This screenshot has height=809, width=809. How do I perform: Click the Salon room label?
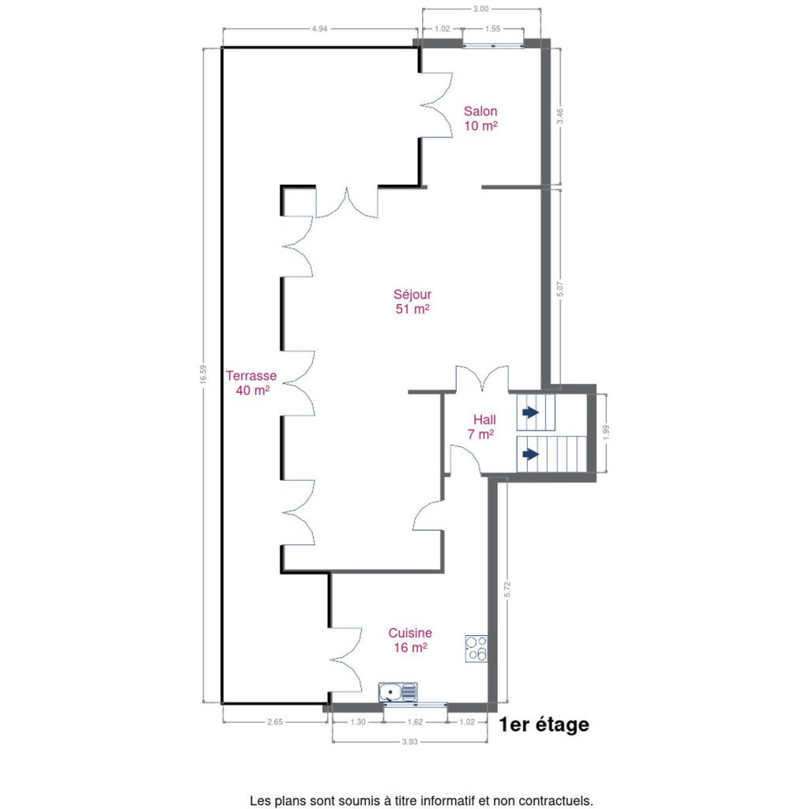pos(480,119)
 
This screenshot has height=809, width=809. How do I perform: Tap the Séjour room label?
pos(412,301)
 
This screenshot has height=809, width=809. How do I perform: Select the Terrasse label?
pos(251,383)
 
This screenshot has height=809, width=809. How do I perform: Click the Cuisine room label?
pos(410,640)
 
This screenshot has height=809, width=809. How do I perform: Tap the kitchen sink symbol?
pos(398,692)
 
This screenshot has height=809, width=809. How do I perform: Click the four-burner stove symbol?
pos(476,649)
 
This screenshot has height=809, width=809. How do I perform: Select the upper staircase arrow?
pos(530,412)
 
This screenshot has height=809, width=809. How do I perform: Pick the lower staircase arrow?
pos(530,454)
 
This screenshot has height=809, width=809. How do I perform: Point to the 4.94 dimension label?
pos(319,29)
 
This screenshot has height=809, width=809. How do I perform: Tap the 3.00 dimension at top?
pos(481,9)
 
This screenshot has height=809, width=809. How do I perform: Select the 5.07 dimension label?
pos(560,288)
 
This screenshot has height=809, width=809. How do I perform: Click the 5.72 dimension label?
pos(506,589)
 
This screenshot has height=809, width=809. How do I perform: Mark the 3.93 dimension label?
pos(410,742)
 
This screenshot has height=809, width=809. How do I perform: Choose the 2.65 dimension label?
pos(275,722)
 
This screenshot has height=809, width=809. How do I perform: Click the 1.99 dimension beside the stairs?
pos(606,432)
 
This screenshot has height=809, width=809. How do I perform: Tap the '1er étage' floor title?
pos(544,725)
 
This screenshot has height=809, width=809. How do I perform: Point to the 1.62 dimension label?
pos(415,722)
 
